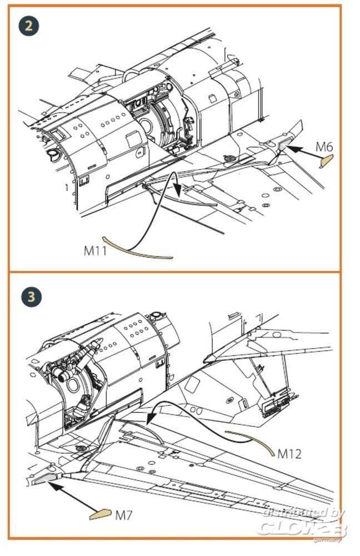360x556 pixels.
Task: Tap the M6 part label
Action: pos(324,147)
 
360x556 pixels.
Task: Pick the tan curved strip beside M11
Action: pos(139,247)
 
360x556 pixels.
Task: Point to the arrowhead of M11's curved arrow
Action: pos(178,192)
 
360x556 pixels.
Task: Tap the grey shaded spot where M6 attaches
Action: pos(284,146)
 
